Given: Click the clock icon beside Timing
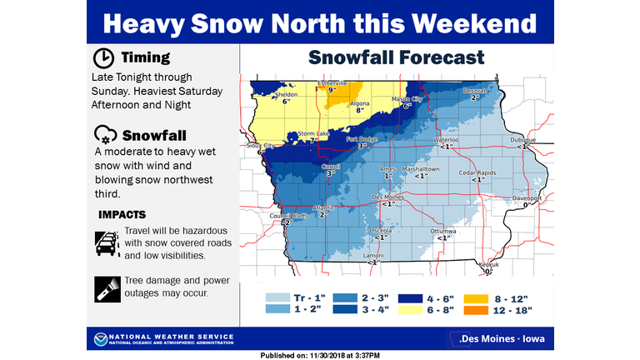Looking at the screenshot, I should pos(103,58).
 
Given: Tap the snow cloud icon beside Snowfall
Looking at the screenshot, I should pos(104,134).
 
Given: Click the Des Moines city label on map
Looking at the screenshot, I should pos(387,197).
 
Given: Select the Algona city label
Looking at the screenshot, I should pos(360,104).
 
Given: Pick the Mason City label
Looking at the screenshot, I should pos(407,100).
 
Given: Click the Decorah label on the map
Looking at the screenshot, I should pos(476,91).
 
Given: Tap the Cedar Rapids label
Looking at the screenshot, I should pos(477,172).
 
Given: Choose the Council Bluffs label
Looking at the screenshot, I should pos(286,217).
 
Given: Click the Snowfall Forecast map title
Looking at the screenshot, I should pos(396,57).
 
